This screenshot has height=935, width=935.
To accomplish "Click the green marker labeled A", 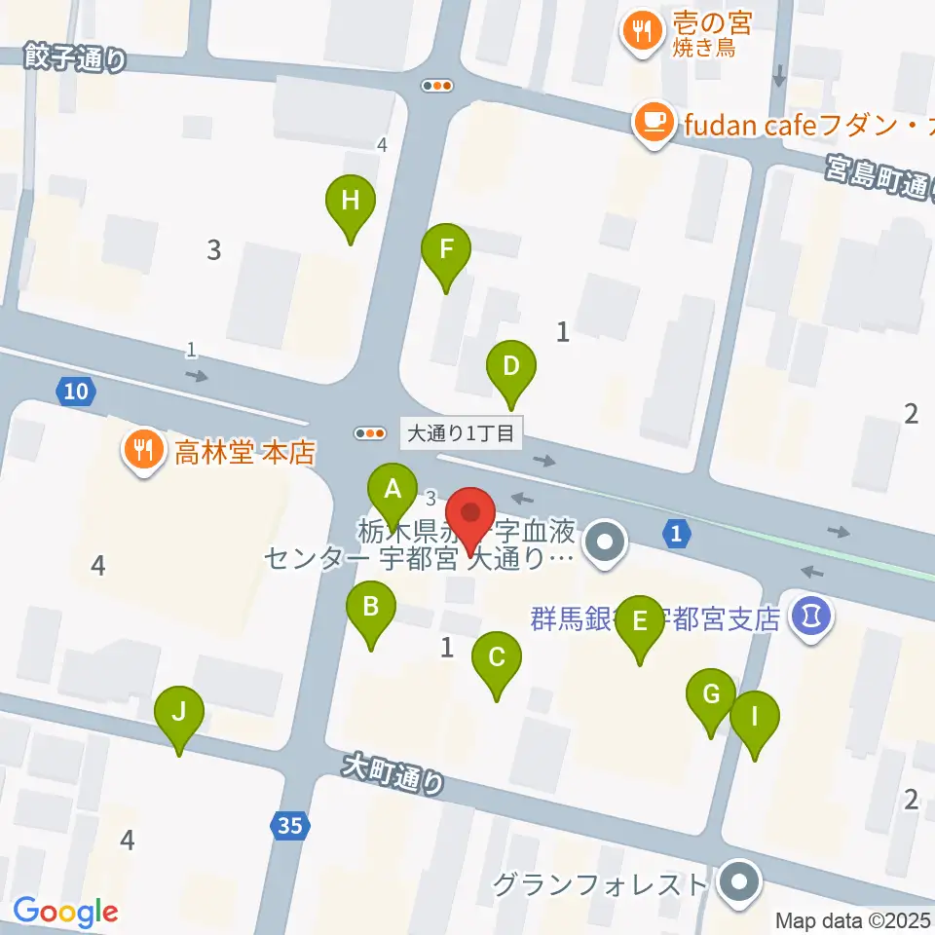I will (x=393, y=489).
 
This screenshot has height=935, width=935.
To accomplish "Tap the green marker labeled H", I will (x=351, y=202).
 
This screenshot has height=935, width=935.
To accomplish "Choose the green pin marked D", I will (x=511, y=367).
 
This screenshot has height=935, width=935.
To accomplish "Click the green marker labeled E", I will (x=640, y=621).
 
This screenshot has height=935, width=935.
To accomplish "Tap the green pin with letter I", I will (x=755, y=718).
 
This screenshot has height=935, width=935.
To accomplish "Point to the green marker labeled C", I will (x=497, y=657).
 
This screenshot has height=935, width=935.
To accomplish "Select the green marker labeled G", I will (x=711, y=695).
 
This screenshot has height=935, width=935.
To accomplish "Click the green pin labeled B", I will (x=371, y=608).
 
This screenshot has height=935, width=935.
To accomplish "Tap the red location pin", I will (x=471, y=513).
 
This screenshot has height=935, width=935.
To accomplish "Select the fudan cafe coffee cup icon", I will (x=652, y=123).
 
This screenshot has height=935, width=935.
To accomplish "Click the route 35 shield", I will (x=288, y=826).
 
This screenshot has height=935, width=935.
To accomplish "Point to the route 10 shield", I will (x=76, y=392).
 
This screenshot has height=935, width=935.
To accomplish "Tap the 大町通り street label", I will (x=393, y=774).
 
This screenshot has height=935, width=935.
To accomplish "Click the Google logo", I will (x=66, y=912).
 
